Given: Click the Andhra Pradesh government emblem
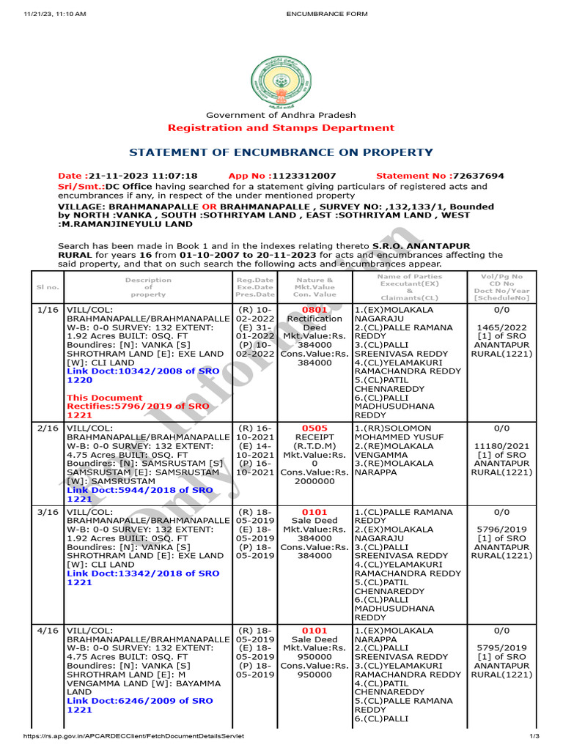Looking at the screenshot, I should (281, 80).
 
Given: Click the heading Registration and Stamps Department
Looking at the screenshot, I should (281, 128).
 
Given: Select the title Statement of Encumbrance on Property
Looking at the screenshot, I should (281, 152).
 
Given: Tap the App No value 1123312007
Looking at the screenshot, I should (303, 177).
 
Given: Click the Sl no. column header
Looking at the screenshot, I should (46, 287).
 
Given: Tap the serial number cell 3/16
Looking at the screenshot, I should (46, 512).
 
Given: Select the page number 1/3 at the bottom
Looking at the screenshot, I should (534, 736).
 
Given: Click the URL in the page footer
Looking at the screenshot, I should (133, 736).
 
